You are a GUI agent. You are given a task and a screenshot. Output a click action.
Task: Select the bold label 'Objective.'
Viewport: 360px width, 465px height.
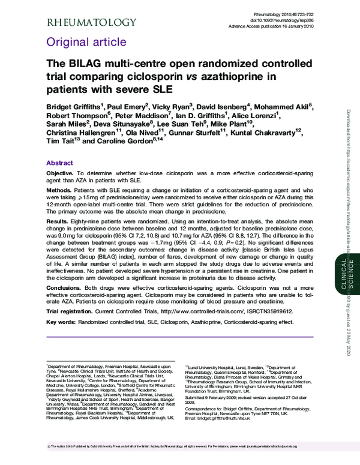click(x=61, y=173)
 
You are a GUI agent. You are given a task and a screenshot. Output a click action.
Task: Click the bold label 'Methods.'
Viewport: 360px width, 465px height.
click(x=59, y=189)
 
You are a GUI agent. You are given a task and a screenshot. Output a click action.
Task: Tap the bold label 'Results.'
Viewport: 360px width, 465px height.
click(x=58, y=221)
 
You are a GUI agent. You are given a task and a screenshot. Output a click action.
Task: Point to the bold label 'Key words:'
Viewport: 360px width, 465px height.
click(x=61, y=322)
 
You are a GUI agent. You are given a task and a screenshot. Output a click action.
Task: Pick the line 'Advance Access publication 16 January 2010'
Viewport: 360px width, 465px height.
click(x=276, y=25)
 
